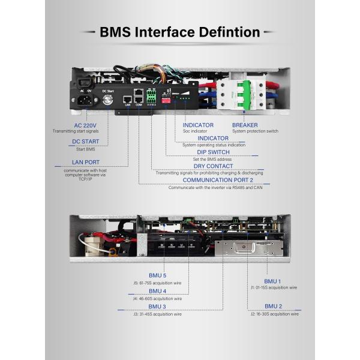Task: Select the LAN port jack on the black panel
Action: pyautogui.click(x=128, y=98)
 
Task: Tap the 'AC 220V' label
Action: pyautogui.click(x=86, y=125)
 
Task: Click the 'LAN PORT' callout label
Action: pyautogui.click(x=85, y=162)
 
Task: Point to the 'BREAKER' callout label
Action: pyautogui.click(x=245, y=125)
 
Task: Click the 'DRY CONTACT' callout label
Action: pyautogui.click(x=213, y=166)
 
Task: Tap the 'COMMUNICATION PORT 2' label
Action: pyautogui.click(x=218, y=180)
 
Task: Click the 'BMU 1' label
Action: pyautogui.click(x=272, y=281)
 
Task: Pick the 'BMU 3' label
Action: pyautogui.click(x=157, y=307)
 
